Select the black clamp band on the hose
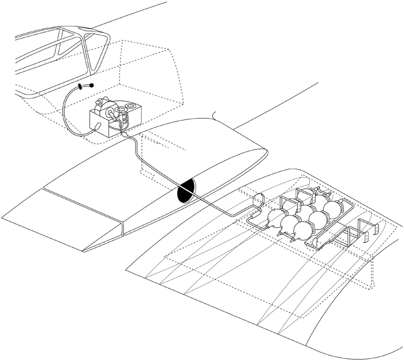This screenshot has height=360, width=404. (81, 88)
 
